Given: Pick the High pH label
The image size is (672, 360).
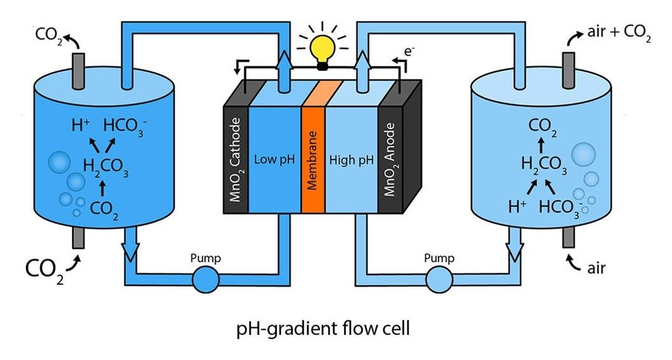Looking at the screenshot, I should (351, 159).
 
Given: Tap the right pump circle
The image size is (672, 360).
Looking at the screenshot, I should (439, 280).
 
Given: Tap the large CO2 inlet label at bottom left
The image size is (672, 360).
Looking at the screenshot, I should (45, 267).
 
